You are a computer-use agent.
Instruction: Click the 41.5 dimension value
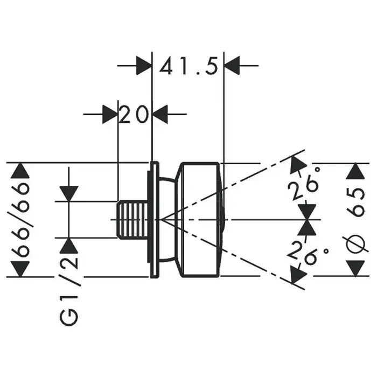188,68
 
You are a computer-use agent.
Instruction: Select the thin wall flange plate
154,219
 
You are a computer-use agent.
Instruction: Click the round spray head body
200,219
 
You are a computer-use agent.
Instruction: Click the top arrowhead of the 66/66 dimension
21,171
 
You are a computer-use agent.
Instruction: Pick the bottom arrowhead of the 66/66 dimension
21,268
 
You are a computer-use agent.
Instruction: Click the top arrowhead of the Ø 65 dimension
355,171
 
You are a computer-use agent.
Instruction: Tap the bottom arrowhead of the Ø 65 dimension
355,268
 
